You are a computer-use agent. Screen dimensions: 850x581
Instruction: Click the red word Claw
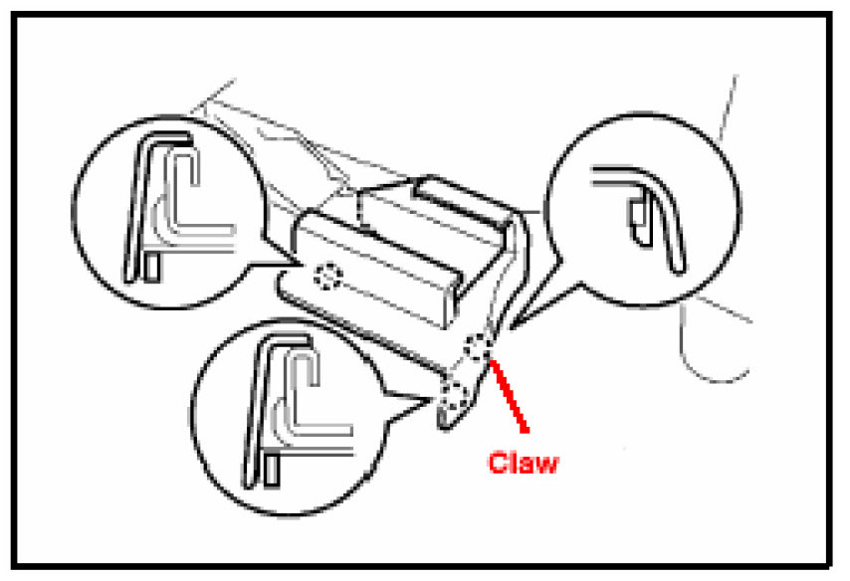pos(523,464)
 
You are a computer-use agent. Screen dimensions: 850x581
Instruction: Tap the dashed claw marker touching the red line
pos(480,347)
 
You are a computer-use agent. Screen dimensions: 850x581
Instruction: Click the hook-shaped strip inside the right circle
pos(657,214)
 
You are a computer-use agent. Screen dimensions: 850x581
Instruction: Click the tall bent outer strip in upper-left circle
pos(139,199)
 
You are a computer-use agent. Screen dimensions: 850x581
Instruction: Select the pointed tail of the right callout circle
pos(520,320)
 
